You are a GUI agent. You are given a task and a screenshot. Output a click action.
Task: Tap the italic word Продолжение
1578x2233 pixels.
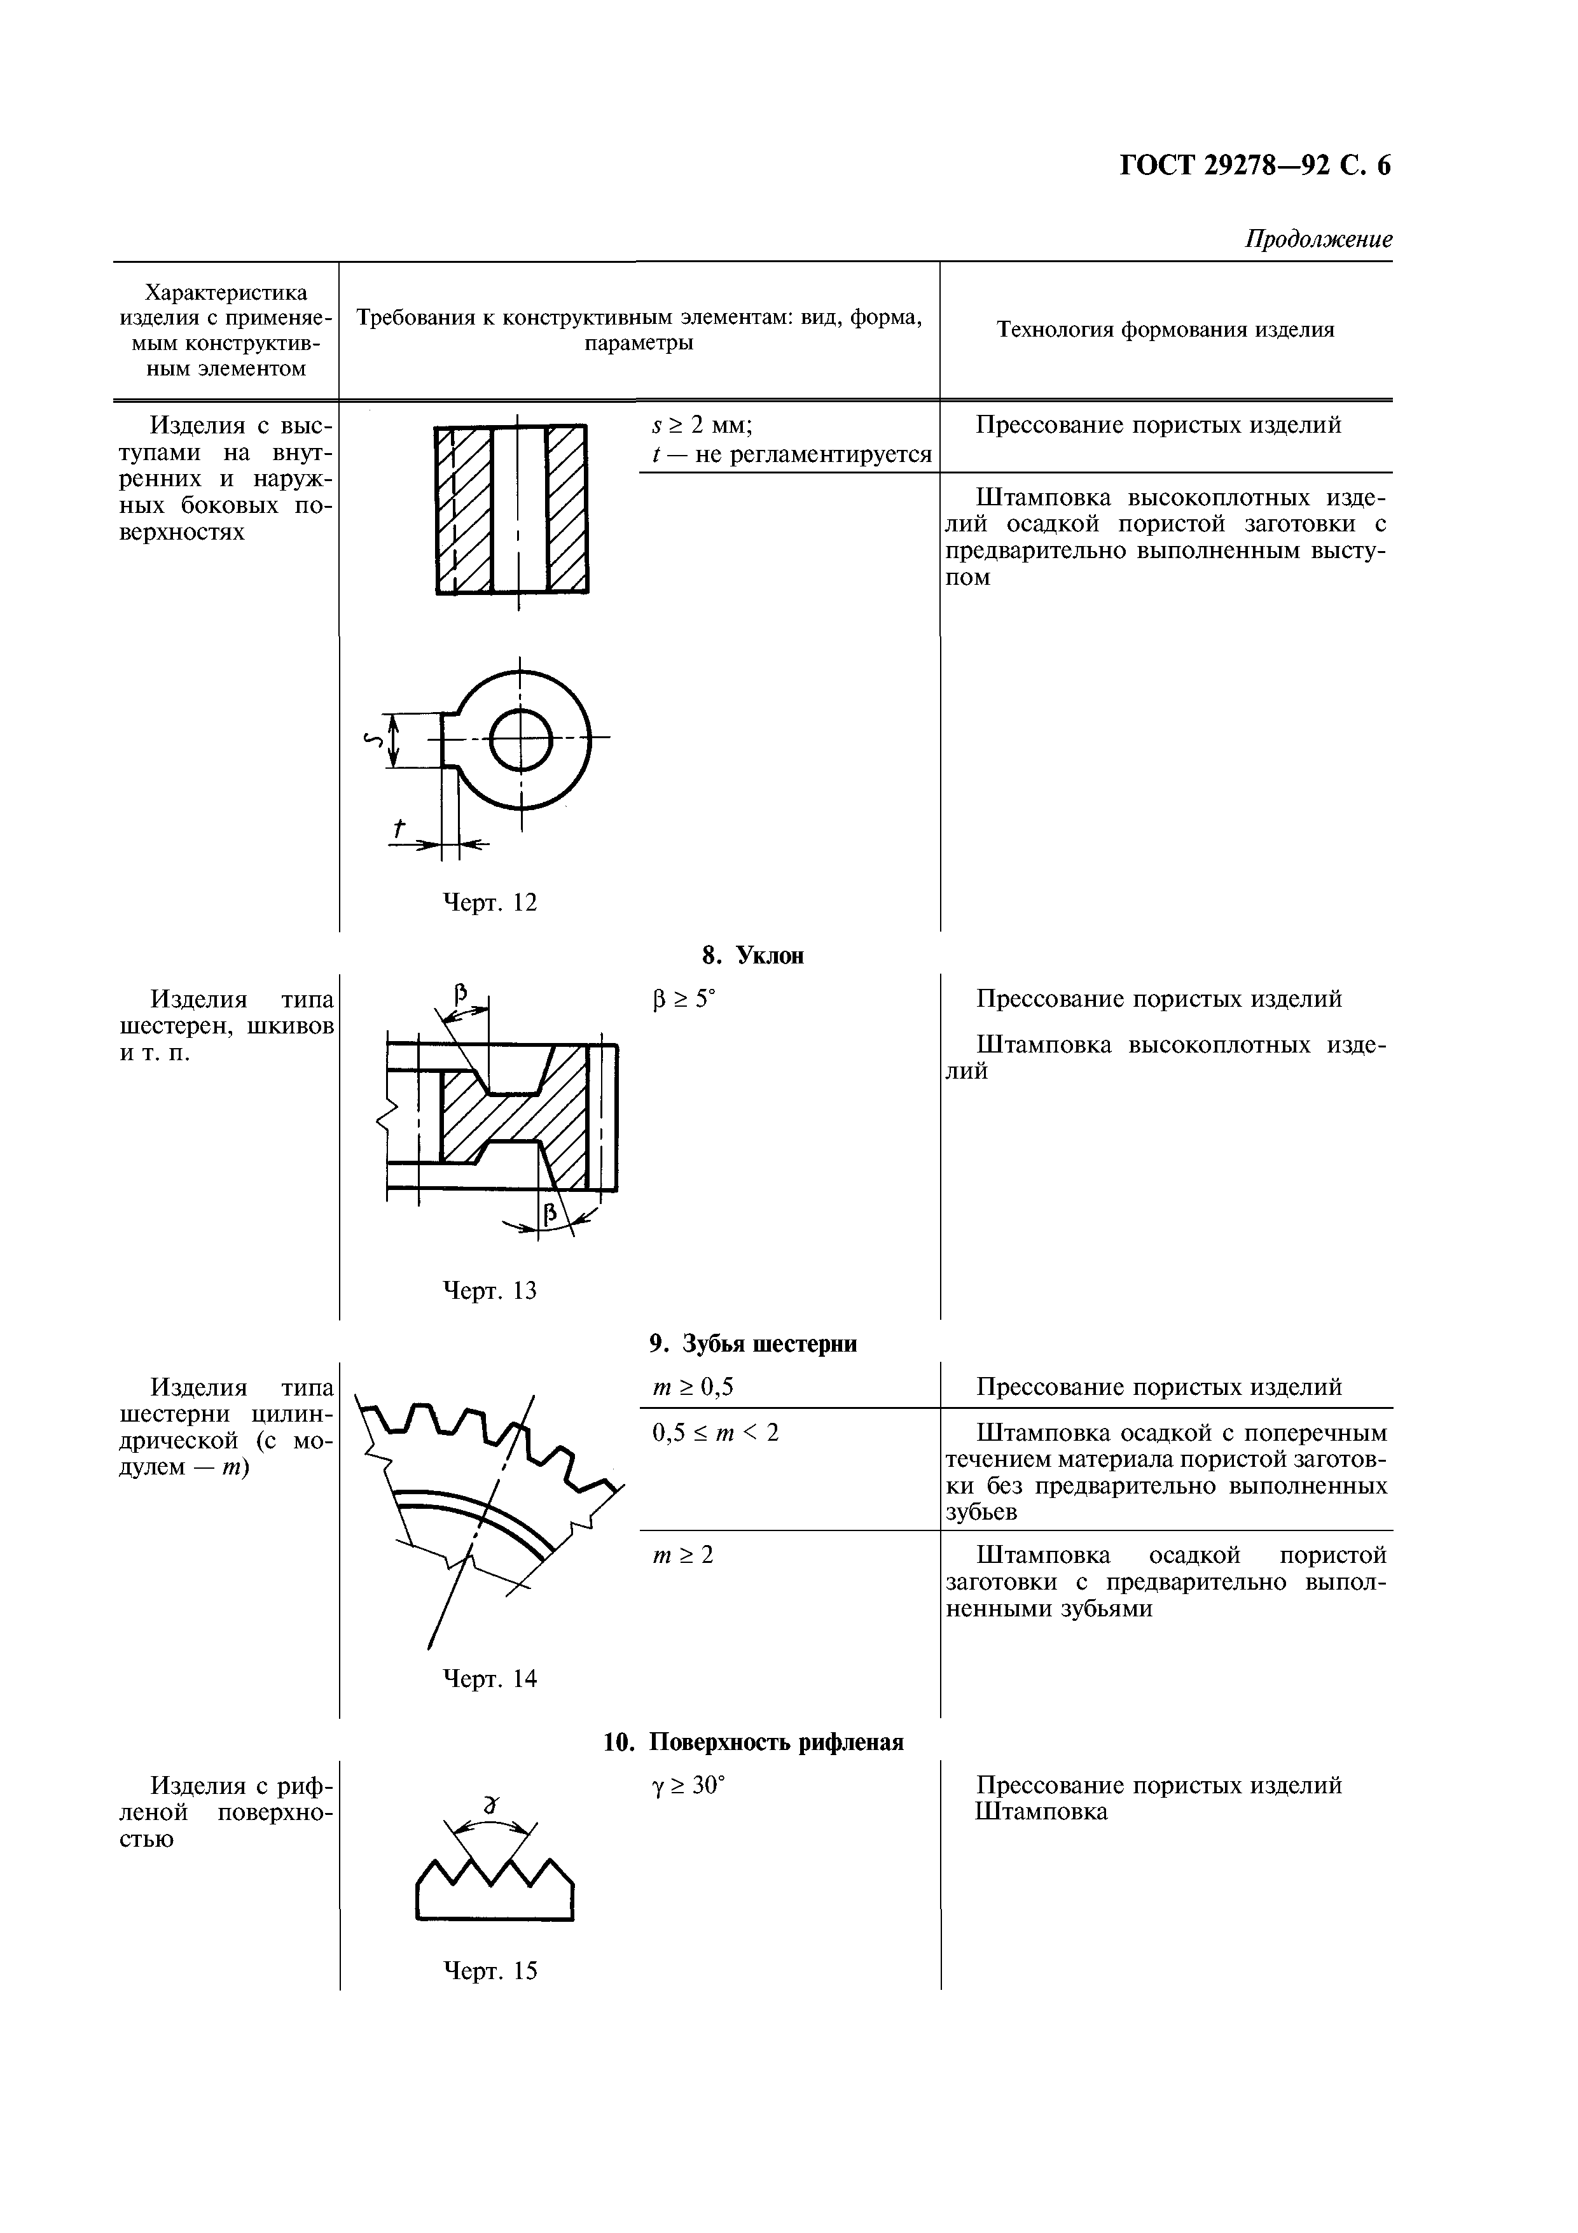(1319, 239)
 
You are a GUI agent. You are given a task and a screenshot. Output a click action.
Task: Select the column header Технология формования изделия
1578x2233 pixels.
(1166, 330)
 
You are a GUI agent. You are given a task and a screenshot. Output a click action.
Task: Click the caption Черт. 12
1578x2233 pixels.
(490, 902)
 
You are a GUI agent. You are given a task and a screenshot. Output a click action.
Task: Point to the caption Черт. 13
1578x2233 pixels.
(490, 1291)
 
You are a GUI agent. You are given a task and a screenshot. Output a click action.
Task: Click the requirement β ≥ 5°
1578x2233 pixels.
(684, 999)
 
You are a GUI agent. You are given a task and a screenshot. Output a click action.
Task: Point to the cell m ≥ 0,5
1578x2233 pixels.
(692, 1387)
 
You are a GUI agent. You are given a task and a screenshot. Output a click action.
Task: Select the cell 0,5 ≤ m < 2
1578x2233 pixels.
(716, 1432)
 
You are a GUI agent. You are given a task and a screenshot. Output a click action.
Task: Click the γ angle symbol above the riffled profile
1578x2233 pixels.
(491, 1805)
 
